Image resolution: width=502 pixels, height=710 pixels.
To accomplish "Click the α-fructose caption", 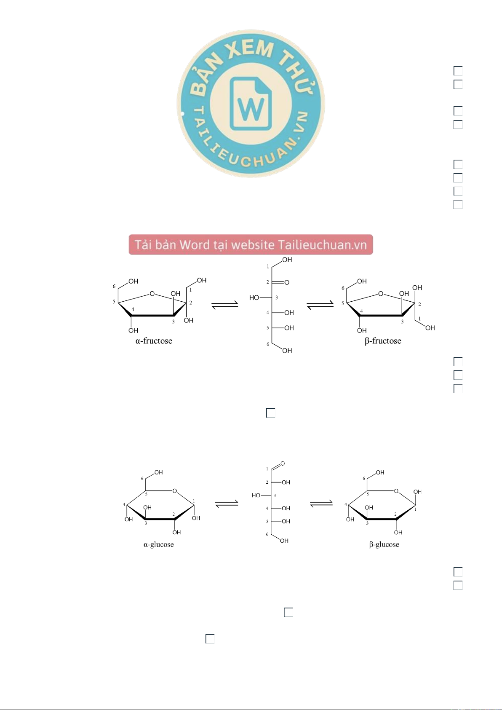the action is pyautogui.click(x=154, y=341).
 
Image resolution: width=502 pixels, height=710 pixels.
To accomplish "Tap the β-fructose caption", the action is pyautogui.click(x=383, y=341).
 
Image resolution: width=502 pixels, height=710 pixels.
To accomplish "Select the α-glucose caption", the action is pyautogui.click(x=158, y=544).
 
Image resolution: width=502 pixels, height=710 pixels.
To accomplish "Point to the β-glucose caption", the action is pyautogui.click(x=384, y=544).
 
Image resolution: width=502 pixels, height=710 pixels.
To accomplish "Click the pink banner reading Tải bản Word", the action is pyautogui.click(x=251, y=244).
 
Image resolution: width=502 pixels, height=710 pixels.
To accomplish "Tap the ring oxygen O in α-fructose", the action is pyautogui.click(x=152, y=294).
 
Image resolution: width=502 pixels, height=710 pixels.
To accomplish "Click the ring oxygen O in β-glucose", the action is pyautogui.click(x=396, y=491).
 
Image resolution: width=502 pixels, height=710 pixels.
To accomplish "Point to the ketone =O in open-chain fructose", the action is pyautogui.click(x=286, y=282).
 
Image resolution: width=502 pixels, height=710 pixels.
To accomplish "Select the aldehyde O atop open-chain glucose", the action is pyautogui.click(x=283, y=464).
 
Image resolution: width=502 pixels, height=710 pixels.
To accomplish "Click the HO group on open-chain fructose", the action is pyautogui.click(x=254, y=297).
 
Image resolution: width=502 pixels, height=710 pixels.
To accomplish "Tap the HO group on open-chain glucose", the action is pyautogui.click(x=256, y=495).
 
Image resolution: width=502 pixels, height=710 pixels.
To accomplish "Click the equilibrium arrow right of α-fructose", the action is pyautogui.click(x=225, y=305).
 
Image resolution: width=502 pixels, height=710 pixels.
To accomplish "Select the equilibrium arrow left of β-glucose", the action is pyautogui.click(x=321, y=503).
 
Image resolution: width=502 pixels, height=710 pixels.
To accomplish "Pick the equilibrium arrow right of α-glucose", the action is pyautogui.click(x=227, y=503).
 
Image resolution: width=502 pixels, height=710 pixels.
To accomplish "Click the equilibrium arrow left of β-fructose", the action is pyautogui.click(x=320, y=305).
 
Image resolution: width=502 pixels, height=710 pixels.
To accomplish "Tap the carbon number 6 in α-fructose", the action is pyautogui.click(x=114, y=286).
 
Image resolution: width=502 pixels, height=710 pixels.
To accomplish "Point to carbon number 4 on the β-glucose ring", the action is pyautogui.click(x=346, y=504).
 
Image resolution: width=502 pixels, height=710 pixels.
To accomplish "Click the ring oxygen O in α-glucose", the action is pyautogui.click(x=174, y=491).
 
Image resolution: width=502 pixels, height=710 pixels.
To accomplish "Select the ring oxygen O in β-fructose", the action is pyautogui.click(x=381, y=294).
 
